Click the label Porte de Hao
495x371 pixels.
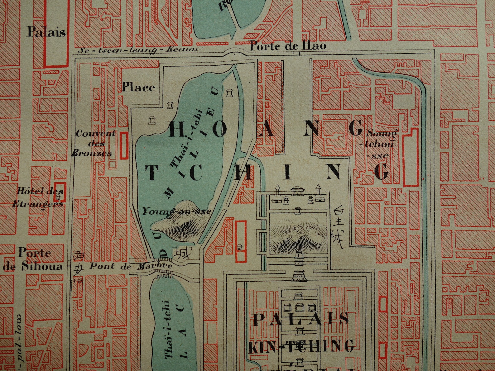point(288,46)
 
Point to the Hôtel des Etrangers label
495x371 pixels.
point(38,198)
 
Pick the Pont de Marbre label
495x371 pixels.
point(131,266)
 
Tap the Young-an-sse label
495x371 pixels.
point(177,211)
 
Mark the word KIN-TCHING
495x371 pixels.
point(301,346)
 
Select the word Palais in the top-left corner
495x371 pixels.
point(46,32)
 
